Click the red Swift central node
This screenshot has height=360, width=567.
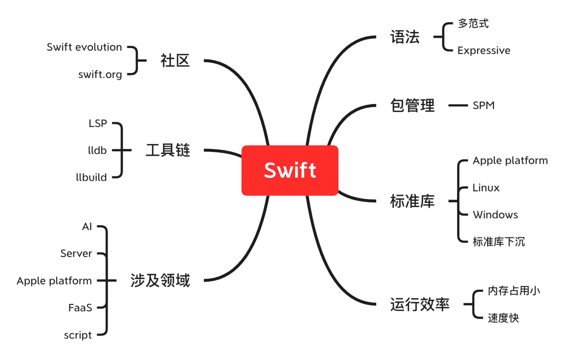[290, 170]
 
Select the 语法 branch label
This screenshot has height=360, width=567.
[405, 37]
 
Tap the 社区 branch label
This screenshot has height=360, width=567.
[175, 61]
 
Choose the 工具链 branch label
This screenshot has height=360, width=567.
[168, 150]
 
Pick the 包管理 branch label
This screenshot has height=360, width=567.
[412, 106]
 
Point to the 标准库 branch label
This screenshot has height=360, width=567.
[412, 201]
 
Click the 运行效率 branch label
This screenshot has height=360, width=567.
[420, 304]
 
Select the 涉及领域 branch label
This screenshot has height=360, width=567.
[160, 281]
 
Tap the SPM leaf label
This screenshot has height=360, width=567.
[483, 106]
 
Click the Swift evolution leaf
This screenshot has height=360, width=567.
[84, 47]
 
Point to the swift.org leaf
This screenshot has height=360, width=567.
[100, 74]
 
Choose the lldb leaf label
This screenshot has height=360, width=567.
[97, 151]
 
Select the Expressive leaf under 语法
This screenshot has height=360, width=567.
[484, 51]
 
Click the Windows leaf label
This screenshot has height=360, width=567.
[495, 215]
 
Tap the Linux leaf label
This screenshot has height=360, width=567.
[486, 188]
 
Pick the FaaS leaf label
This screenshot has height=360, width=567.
[80, 308]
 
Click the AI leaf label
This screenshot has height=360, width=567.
[87, 227]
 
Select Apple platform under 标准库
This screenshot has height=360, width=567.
[510, 161]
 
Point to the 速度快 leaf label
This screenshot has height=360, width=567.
[503, 318]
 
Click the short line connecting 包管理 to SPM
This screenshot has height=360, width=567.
[458, 106]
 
